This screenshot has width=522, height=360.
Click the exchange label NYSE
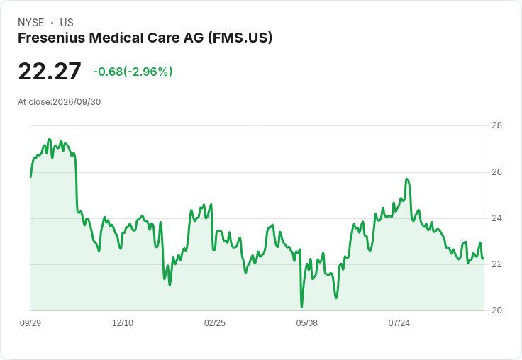[31, 23]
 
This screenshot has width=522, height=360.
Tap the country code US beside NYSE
[67, 23]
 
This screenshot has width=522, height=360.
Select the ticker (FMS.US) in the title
[240, 38]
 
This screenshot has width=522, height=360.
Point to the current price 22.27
[50, 71]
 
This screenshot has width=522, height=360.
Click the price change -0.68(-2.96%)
[133, 72]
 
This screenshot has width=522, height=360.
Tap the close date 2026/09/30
[77, 102]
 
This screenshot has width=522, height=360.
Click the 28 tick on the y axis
[496, 125]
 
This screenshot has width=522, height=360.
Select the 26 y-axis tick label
[496, 172]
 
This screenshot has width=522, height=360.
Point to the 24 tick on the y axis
[496, 218]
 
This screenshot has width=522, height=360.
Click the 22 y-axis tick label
[496, 264]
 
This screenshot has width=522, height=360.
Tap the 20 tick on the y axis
[496, 310]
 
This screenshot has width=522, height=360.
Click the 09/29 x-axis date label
[30, 323]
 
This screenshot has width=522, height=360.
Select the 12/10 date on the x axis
[123, 323]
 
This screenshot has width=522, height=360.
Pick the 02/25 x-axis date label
[215, 323]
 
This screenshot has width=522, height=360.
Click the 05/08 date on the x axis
[307, 323]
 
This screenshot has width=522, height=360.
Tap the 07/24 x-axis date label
[399, 323]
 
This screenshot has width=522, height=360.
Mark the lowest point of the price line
[301, 307]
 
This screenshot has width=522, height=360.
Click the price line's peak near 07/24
[407, 179]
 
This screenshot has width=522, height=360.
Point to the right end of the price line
[483, 258]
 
